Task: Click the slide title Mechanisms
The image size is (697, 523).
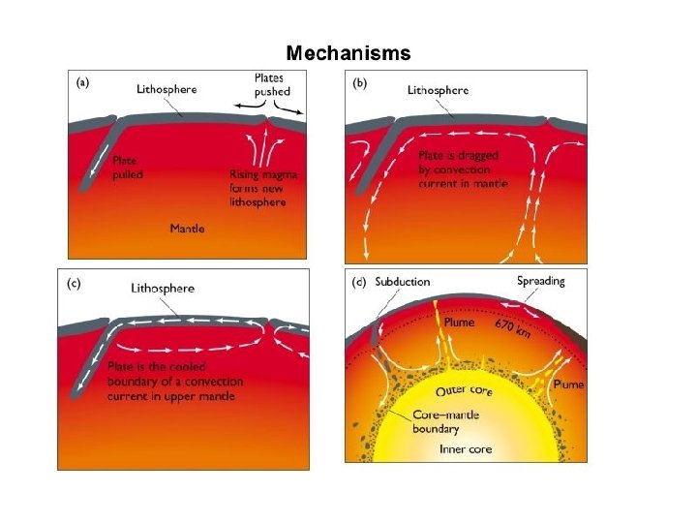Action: pyautogui.click(x=348, y=53)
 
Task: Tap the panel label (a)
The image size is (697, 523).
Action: pyautogui.click(x=83, y=83)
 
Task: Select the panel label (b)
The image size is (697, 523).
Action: pyautogui.click(x=360, y=83)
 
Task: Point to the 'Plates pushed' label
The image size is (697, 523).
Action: pyautogui.click(x=270, y=84)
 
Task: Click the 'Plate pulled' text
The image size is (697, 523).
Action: pyautogui.click(x=128, y=167)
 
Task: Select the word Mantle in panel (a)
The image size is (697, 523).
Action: pyautogui.click(x=187, y=229)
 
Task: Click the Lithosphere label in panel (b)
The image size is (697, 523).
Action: pyautogui.click(x=438, y=90)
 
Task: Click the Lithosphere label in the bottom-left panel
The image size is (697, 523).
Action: pyautogui.click(x=163, y=288)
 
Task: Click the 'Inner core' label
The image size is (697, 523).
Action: pyautogui.click(x=466, y=449)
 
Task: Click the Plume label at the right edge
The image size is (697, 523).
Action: pyautogui.click(x=568, y=385)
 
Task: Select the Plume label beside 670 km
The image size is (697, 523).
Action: pyautogui.click(x=459, y=323)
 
